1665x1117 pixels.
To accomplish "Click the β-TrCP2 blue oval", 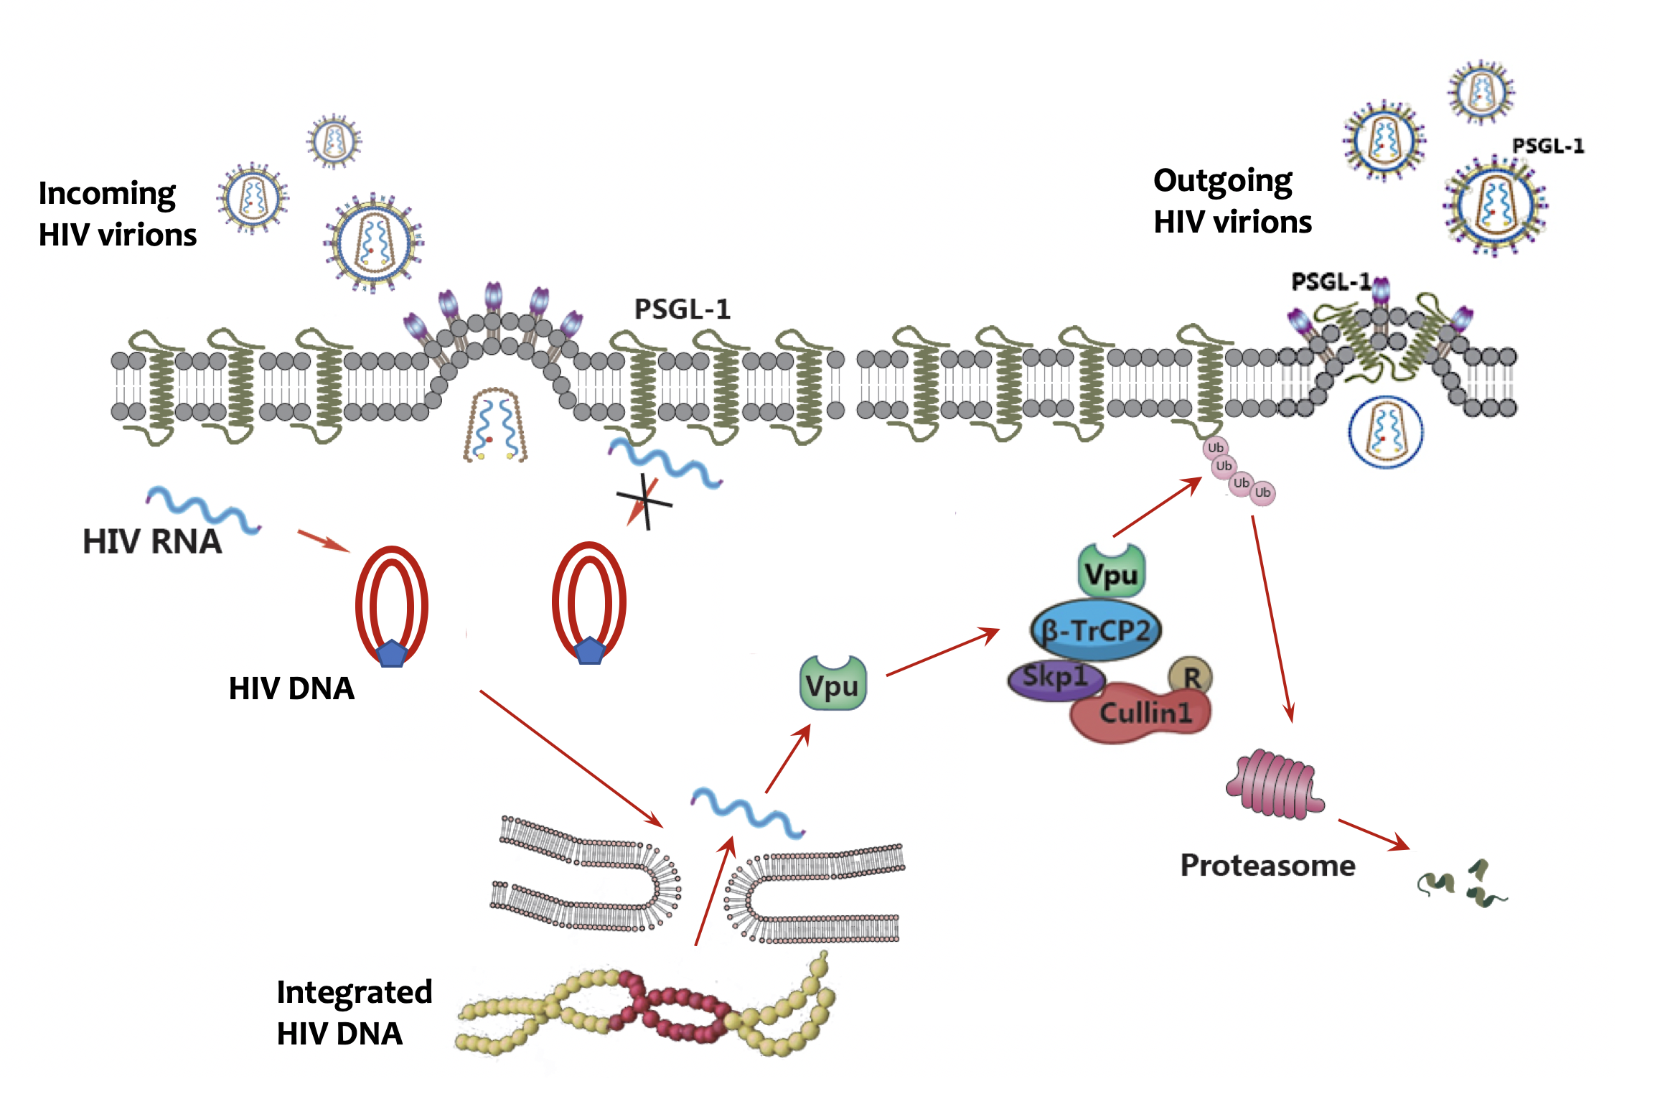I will tap(1095, 630).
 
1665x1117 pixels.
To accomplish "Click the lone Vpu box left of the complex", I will tap(832, 684).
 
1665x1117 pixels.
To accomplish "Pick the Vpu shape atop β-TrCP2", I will tap(1111, 573).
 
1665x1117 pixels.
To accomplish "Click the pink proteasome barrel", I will tap(1275, 784).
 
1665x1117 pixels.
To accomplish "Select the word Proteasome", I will tap(1267, 865).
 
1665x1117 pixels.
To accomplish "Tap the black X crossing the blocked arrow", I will tap(645, 501).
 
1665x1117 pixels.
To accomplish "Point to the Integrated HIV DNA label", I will tap(354, 1012).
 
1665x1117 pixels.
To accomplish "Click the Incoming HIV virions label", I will tap(117, 214).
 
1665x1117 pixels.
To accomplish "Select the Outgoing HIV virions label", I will tap(1232, 201).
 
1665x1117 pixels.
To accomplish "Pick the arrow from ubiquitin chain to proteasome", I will tap(1272, 617).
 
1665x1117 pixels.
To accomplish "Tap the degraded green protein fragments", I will tap(1460, 885).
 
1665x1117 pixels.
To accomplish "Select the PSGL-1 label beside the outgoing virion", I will tap(1548, 146).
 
